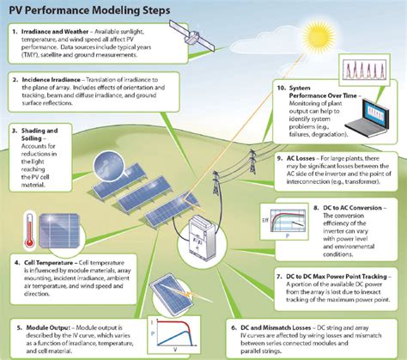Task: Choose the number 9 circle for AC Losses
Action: pyautogui.click(x=282, y=157)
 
